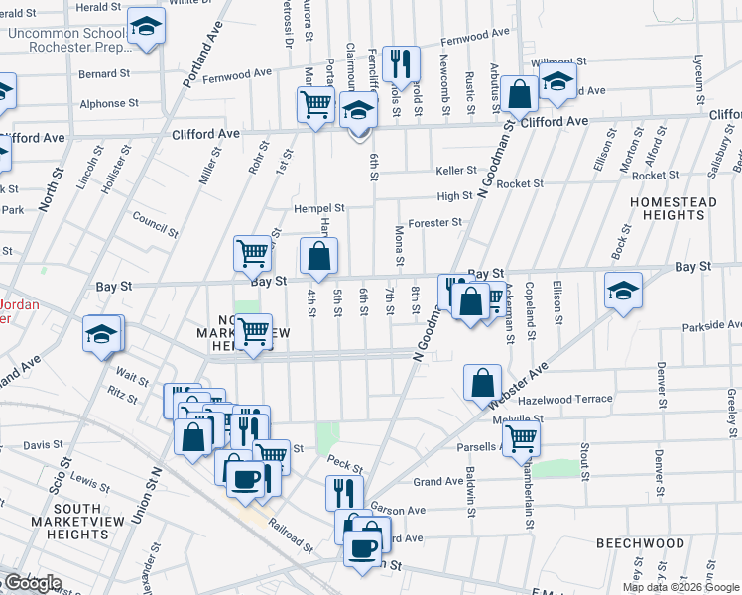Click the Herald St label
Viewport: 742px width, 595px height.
pyautogui.click(x=98, y=6)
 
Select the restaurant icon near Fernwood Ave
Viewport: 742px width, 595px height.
pyautogui.click(x=401, y=64)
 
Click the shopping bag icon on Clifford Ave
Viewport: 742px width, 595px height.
pyautogui.click(x=519, y=94)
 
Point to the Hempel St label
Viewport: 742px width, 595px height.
pyautogui.click(x=318, y=208)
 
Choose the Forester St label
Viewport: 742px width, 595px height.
pyautogui.click(x=435, y=223)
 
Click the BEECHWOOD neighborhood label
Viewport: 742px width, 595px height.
pyautogui.click(x=640, y=543)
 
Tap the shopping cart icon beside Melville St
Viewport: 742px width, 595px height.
pyautogui.click(x=521, y=438)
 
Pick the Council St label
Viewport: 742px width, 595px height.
pyautogui.click(x=154, y=225)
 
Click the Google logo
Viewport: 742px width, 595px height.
pyautogui.click(x=32, y=583)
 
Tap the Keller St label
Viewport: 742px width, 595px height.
pyautogui.click(x=456, y=170)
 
